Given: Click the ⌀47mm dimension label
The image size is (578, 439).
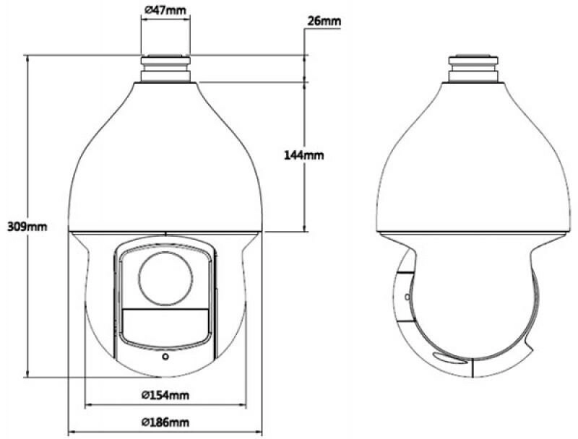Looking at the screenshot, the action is click(x=165, y=9).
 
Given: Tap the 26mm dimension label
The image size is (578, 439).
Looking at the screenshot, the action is click(x=324, y=21).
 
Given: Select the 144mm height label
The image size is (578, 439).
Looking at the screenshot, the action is click(x=303, y=155).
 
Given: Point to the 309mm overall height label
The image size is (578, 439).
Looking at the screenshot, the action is click(x=27, y=226).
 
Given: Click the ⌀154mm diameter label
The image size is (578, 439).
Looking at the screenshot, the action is click(x=165, y=395).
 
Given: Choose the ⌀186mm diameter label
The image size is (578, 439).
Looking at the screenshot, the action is click(x=165, y=422).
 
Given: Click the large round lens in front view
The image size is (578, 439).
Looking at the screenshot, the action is click(x=165, y=279).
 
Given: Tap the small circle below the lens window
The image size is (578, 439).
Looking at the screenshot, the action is click(x=165, y=357).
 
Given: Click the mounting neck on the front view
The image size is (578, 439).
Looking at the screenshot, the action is click(x=165, y=69).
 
